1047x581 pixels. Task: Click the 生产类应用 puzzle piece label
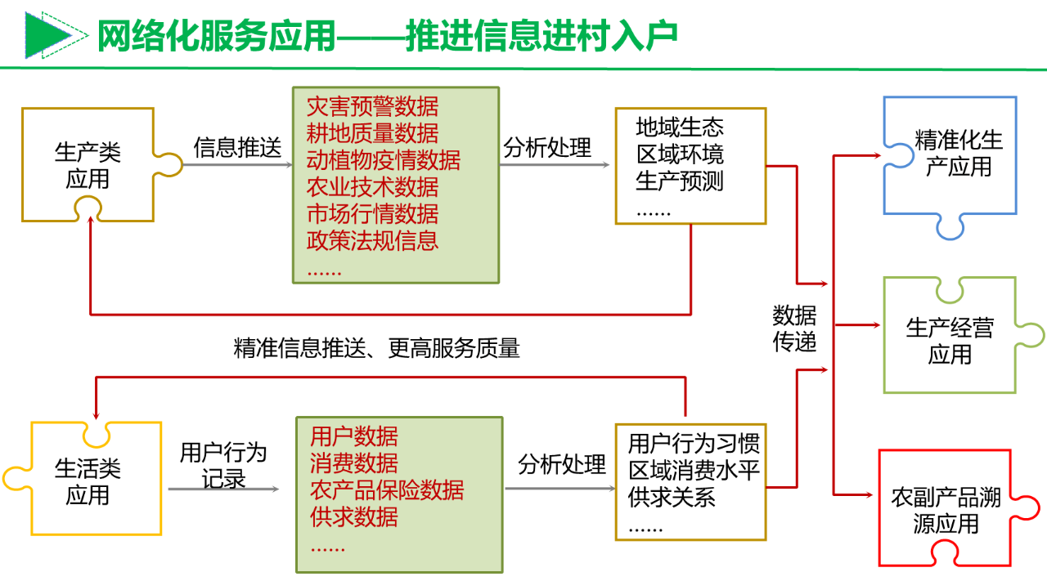pos(88,165)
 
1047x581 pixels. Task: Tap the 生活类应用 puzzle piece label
pos(88,481)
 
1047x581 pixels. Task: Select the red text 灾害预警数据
pos(372,106)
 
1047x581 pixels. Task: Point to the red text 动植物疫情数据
pos(383,159)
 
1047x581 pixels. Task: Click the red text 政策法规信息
pos(372,240)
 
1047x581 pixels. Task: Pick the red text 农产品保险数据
pos(386,489)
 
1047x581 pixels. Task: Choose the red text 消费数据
pos(353,463)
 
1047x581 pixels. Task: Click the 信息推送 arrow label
pos(237,148)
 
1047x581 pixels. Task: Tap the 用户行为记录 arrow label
pos(223,465)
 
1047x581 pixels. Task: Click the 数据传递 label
pos(794,328)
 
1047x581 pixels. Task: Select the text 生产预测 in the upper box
pos(679,181)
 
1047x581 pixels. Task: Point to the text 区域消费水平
pos(694,471)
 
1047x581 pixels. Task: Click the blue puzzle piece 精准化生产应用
pos(958,154)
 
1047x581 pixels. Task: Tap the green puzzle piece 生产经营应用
pos(950,341)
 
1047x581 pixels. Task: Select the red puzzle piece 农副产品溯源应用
pos(946,511)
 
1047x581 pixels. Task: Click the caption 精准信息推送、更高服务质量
pos(376,349)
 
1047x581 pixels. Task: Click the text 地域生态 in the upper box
pos(679,127)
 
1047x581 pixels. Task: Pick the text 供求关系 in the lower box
pos(672,497)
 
